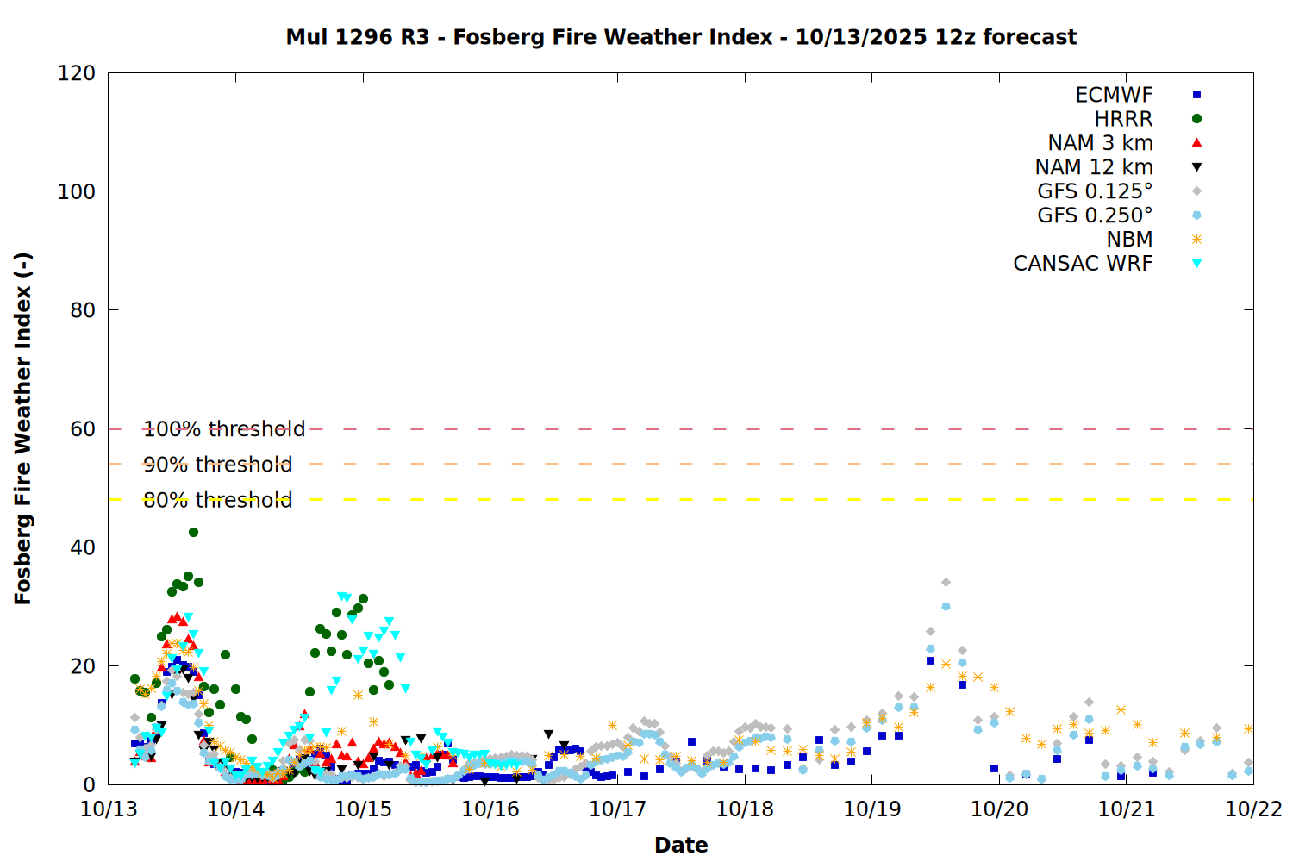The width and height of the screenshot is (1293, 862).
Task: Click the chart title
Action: [x=681, y=37]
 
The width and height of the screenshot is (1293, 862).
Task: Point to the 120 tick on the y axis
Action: [x=77, y=73]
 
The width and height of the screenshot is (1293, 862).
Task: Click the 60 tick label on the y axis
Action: [x=83, y=429]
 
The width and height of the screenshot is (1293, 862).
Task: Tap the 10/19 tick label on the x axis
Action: [x=871, y=809]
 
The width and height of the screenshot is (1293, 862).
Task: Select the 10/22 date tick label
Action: [x=1253, y=809]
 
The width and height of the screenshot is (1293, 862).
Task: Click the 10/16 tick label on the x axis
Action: [x=490, y=809]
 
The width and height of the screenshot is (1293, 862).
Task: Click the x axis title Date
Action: [x=681, y=845]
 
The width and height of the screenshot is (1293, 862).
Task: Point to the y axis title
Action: [x=23, y=428]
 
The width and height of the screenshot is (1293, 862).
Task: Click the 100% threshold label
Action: [x=224, y=429]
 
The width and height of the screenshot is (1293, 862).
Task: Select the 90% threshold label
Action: [x=218, y=465]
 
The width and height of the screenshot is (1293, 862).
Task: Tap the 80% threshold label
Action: [x=218, y=500]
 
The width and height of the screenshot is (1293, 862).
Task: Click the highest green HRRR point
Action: [x=193, y=532]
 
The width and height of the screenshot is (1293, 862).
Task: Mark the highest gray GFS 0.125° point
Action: [x=946, y=583]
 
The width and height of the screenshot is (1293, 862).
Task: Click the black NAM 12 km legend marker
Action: [x=1196, y=167]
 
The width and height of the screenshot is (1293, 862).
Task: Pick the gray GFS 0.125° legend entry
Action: [x=1095, y=191]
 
